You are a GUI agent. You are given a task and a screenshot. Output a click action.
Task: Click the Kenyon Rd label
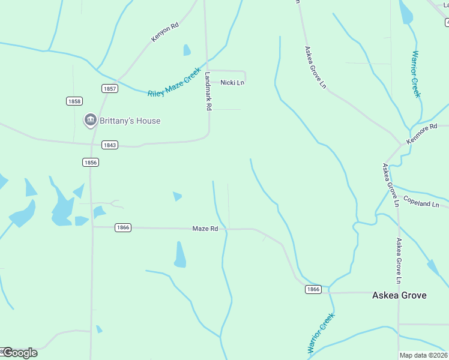pyautogui.click(x=165, y=32)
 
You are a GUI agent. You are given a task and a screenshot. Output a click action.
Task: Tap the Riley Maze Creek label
pyautogui.click(x=174, y=83)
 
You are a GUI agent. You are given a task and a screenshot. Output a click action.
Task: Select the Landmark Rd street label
pyautogui.click(x=208, y=92)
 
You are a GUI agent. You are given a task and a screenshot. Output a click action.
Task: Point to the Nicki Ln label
pyautogui.click(x=232, y=82)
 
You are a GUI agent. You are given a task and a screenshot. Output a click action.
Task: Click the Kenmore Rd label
pyautogui.click(x=427, y=134)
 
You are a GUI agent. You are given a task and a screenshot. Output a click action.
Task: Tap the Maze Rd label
pyautogui.click(x=205, y=229)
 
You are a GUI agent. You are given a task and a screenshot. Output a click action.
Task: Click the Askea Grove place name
pyautogui.click(x=399, y=295)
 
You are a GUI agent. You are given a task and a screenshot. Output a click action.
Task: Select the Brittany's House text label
pyautogui.click(x=130, y=121)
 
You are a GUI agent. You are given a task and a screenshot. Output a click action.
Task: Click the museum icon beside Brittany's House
pyautogui.click(x=91, y=121)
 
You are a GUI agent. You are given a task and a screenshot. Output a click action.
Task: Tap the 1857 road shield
pyautogui.click(x=110, y=88)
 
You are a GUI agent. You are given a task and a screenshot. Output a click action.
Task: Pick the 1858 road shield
pyautogui.click(x=74, y=101)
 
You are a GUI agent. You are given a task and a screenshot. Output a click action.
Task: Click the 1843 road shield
pyautogui.click(x=110, y=145)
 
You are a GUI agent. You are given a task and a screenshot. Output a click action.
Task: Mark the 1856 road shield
pyautogui.click(x=90, y=163)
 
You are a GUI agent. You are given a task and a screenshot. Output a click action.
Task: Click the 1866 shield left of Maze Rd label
pyautogui.click(x=122, y=227)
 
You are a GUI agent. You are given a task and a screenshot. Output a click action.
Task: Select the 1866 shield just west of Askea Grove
pyautogui.click(x=313, y=289)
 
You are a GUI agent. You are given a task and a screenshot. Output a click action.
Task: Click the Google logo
pyautogui.click(x=19, y=352)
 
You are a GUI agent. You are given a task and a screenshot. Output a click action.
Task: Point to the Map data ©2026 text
pyautogui.click(x=424, y=355)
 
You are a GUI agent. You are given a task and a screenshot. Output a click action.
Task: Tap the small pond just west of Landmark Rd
pyautogui.click(x=187, y=50)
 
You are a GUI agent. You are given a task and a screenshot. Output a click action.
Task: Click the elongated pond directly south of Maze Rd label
pyautogui.click(x=179, y=255)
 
